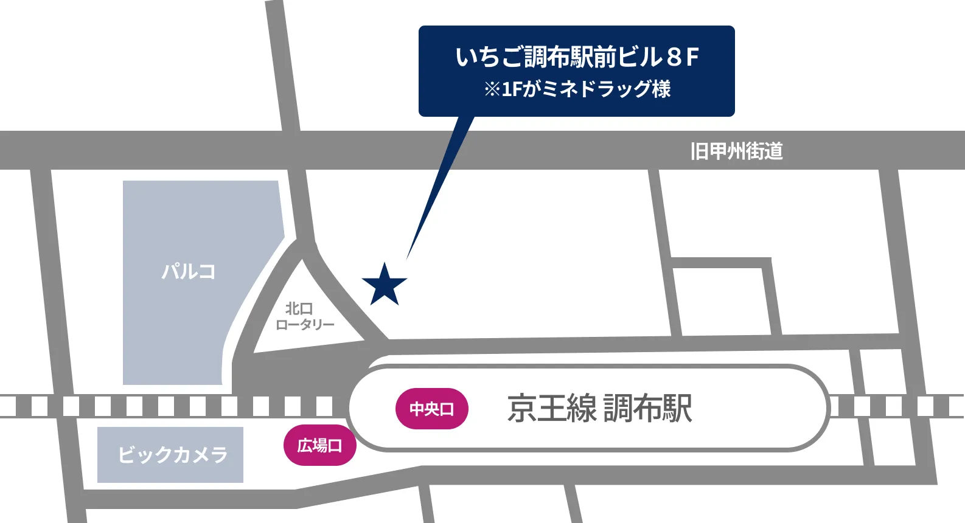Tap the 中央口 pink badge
[432, 409]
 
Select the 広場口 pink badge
[319, 446]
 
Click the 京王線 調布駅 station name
[599, 408]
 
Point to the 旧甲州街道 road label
[736, 151]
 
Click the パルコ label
[189, 271]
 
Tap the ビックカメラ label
[173, 454]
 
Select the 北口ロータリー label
[304, 316]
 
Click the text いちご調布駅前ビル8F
[577, 57]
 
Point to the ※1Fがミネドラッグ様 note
[577, 89]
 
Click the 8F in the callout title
[682, 58]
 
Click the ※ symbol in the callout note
[492, 90]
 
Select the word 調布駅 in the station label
[647, 408]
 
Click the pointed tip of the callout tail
[407, 258]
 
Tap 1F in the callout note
[512, 90]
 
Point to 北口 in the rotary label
[299, 308]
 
